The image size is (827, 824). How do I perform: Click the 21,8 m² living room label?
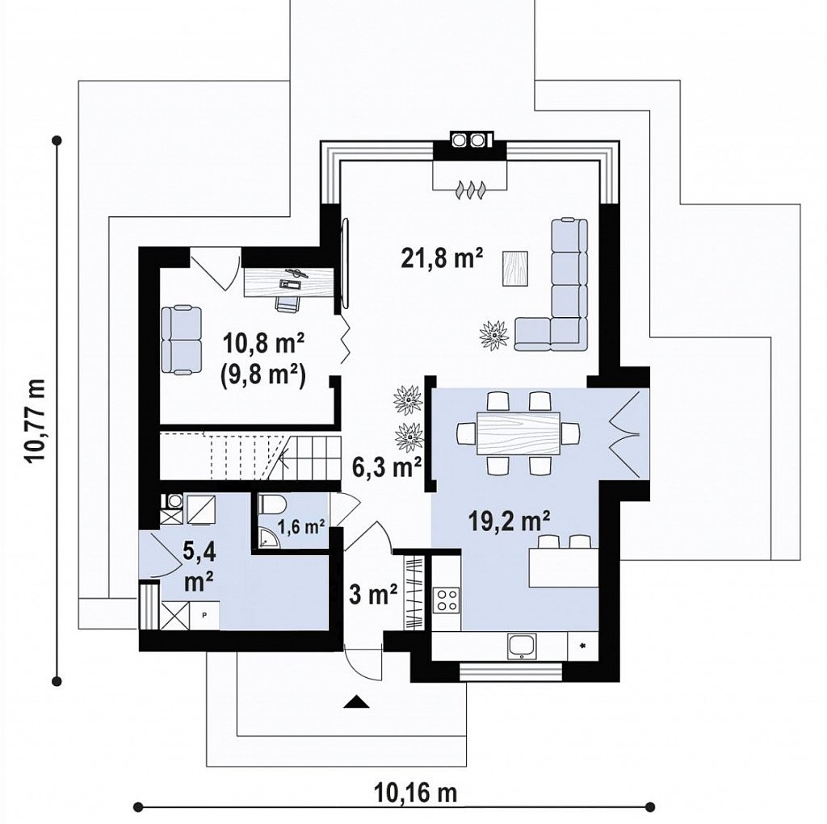click(x=442, y=258)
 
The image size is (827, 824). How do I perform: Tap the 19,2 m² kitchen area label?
click(x=510, y=521)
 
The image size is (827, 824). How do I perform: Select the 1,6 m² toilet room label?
click(x=301, y=526)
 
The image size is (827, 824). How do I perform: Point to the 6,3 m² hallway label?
click(x=387, y=467)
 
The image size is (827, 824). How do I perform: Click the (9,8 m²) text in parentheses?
click(x=262, y=376)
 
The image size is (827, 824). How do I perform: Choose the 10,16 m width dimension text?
click(x=415, y=793)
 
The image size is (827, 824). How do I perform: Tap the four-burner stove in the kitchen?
click(x=447, y=600)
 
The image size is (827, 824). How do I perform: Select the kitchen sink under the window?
click(x=522, y=646)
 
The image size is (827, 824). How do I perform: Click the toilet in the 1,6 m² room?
click(x=271, y=505)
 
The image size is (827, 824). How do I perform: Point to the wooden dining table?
click(x=518, y=433)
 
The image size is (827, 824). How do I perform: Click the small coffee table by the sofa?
click(x=516, y=268)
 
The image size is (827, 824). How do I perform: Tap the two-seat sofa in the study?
click(x=182, y=340)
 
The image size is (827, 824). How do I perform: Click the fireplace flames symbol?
click(x=469, y=190)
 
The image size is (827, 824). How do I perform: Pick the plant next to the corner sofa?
click(x=495, y=334)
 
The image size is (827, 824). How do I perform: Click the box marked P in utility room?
click(x=204, y=615)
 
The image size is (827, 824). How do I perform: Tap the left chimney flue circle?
click(x=459, y=140)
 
